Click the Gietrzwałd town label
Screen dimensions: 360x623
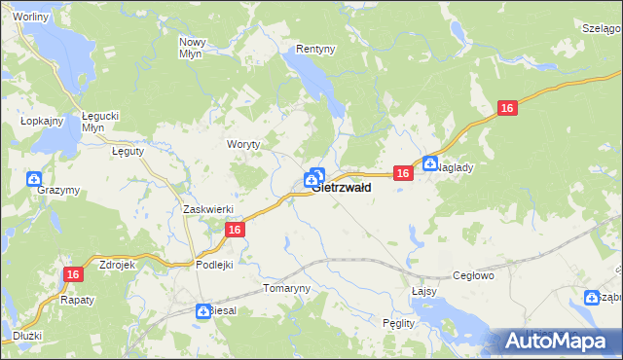coord(342,188)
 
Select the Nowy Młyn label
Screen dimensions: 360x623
coord(193,48)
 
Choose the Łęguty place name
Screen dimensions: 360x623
coord(128,152)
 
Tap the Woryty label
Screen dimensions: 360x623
coord(243,143)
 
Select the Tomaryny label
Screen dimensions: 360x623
coord(286,289)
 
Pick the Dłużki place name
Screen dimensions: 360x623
coord(27,336)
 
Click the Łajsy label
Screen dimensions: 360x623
coord(421,291)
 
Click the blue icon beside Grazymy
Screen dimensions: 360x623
coord(34,179)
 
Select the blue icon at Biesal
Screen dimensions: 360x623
coord(202,309)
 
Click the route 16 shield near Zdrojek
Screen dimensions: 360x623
coord(72,275)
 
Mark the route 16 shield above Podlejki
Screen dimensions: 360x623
coord(234,230)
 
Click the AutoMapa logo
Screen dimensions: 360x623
coord(561,342)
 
